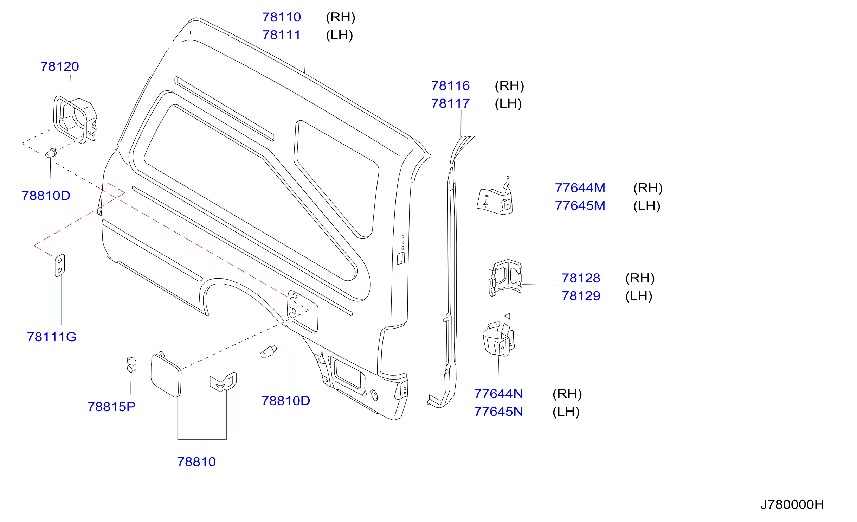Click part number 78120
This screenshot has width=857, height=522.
60,66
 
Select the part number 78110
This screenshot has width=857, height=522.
282,17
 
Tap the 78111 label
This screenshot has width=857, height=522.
282,35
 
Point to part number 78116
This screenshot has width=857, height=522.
450,86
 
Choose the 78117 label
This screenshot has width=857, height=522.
450,104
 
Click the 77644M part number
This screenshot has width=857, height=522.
580,188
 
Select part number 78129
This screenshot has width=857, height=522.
581,296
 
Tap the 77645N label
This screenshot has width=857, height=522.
498,412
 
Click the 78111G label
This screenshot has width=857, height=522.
52,337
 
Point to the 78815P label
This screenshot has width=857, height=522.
111,407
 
